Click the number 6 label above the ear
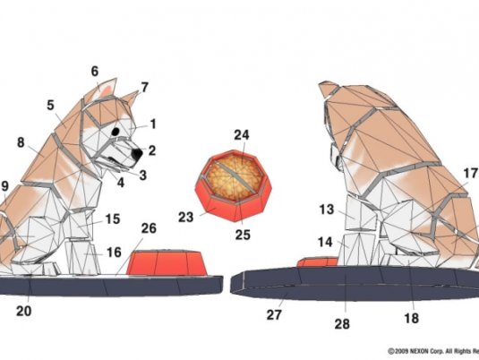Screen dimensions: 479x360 click(x=95, y=72)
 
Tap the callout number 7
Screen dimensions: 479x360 click(x=144, y=88)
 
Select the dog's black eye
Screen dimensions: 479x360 click(x=115, y=132)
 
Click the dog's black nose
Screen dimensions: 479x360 click(x=137, y=154)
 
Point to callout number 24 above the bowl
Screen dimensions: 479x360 click(x=242, y=134)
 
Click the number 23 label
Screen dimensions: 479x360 click(x=185, y=218)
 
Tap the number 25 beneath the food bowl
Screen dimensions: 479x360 click(x=243, y=235)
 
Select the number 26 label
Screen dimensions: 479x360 click(x=150, y=228)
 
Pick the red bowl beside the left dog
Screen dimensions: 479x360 click(x=167, y=262)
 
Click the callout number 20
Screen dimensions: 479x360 click(x=24, y=311)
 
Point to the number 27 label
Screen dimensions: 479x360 click(x=274, y=314)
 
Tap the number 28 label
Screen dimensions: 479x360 click(x=342, y=324)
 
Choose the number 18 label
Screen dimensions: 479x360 click(x=411, y=319)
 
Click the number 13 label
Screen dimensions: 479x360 click(x=327, y=210)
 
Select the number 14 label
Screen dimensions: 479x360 click(x=325, y=242)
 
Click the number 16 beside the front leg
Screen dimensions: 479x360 click(x=114, y=253)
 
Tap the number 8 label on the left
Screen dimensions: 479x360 click(x=21, y=142)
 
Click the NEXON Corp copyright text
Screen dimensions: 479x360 click(x=433, y=351)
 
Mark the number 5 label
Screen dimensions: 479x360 click(x=50, y=105)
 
